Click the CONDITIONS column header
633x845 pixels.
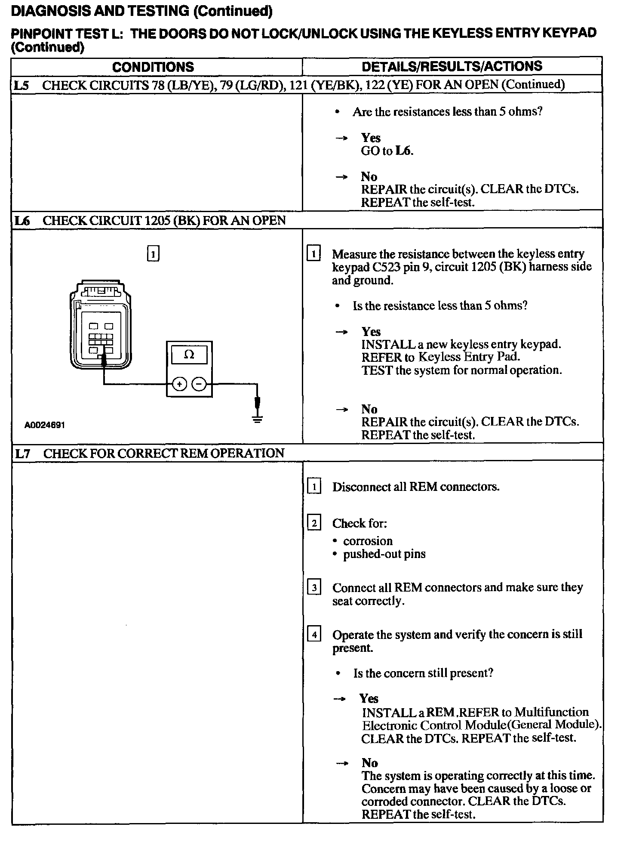153,67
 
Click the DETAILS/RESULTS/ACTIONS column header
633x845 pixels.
452,66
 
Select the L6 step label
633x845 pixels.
22,221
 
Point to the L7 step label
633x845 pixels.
23,453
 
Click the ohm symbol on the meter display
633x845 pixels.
189,355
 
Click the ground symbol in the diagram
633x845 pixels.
257,419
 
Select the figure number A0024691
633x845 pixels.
45,425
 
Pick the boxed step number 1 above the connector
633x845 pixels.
153,253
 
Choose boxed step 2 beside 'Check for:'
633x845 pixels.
314,523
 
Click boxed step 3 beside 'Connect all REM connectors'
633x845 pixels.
314,587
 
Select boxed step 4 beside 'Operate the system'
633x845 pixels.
314,634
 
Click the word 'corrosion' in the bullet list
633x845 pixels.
368,541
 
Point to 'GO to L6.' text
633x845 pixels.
387,151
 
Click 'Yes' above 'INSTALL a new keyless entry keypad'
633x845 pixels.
371,332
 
